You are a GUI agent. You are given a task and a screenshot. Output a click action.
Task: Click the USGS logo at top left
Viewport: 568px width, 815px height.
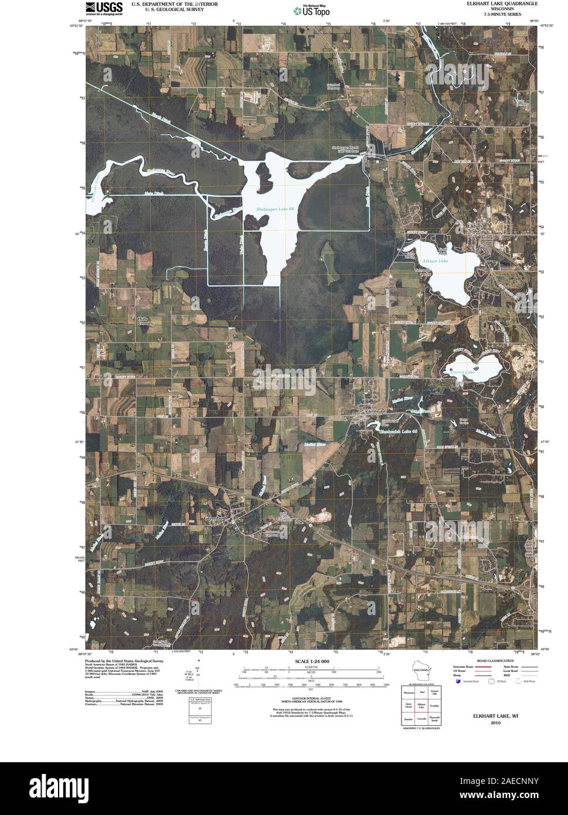(104, 8)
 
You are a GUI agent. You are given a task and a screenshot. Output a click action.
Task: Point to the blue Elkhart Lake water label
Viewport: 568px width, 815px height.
(434, 260)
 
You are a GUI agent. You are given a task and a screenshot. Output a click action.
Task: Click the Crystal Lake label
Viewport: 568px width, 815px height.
(462, 371)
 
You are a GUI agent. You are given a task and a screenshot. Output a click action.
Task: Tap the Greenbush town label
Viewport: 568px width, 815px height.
(218, 518)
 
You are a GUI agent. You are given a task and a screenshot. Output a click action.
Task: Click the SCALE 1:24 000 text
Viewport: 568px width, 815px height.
(313, 661)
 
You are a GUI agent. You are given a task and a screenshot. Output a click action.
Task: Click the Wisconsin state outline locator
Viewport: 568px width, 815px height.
(420, 670)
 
